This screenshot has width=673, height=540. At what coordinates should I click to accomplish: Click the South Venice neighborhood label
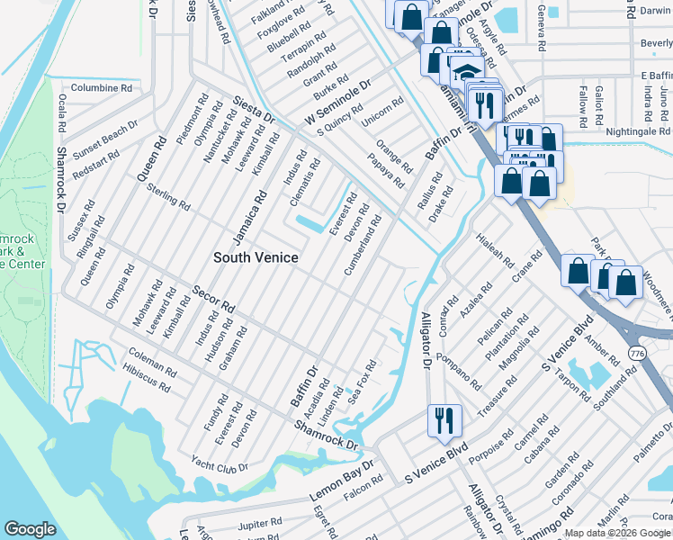pos(256,257)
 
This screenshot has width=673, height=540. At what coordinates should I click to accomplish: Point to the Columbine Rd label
pos(102,88)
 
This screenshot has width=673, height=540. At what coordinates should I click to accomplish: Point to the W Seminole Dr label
pos(337,103)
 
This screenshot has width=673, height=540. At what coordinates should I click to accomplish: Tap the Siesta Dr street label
pos(255,110)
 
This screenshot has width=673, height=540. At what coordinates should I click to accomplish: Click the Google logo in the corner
pos(30,529)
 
